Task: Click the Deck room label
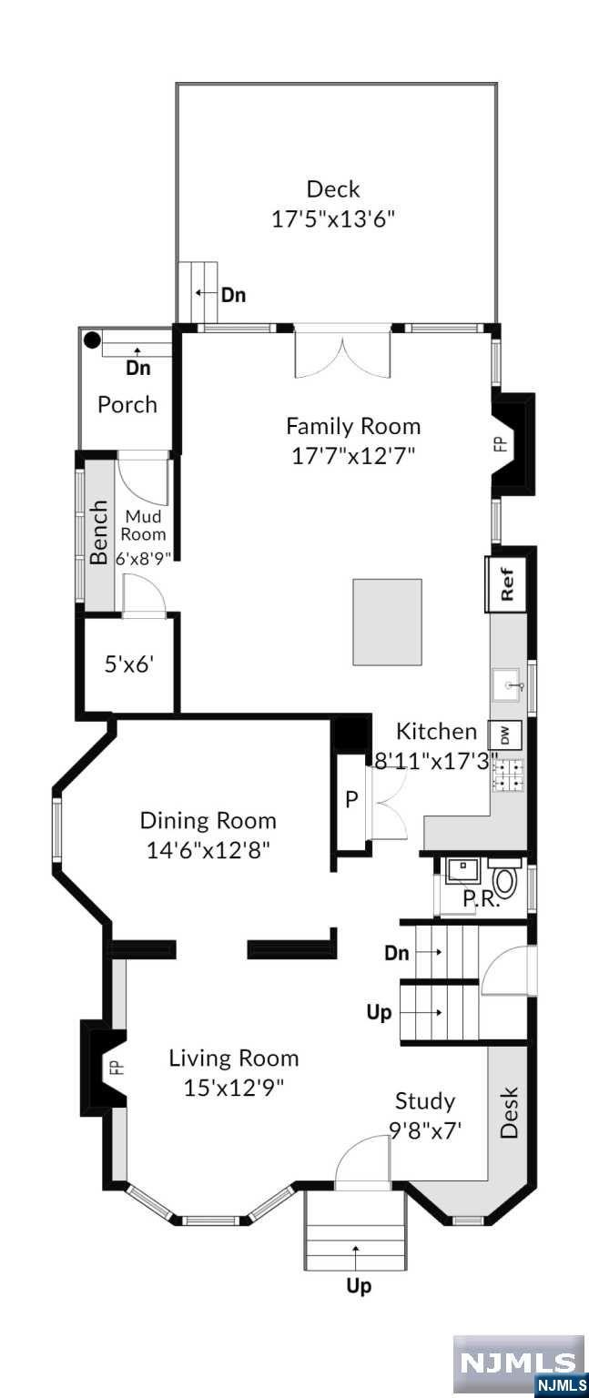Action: (x=333, y=189)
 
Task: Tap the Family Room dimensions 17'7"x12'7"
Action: (x=353, y=457)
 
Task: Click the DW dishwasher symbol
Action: (x=504, y=736)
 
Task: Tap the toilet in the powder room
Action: (x=505, y=877)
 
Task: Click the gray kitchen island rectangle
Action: (x=388, y=623)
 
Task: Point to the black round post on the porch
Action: (x=92, y=340)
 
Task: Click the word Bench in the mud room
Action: (x=99, y=532)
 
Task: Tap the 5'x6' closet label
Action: (x=128, y=665)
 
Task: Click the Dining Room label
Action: (x=208, y=820)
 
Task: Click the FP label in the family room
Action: (x=501, y=444)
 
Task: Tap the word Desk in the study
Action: (x=510, y=1113)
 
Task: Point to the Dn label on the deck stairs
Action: (x=234, y=295)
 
